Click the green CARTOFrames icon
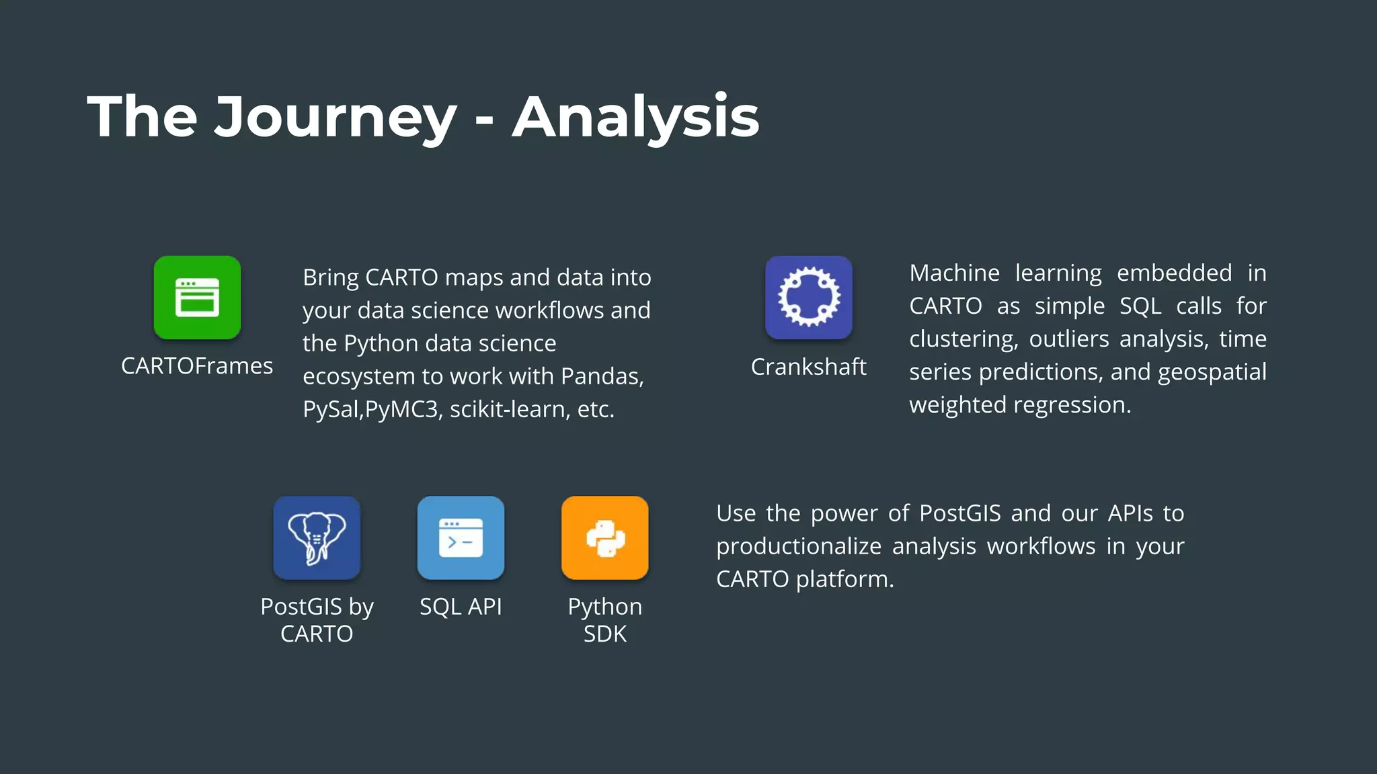tap(197, 298)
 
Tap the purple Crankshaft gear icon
tap(809, 298)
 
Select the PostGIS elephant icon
tap(317, 538)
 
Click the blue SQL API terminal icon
tap(461, 538)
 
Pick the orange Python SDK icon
tap(605, 538)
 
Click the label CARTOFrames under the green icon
tap(197, 366)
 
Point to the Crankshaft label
tap(808, 367)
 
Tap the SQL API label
tap(461, 607)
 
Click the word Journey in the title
tap(335, 118)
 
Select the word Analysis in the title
tap(635, 118)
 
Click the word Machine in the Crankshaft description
tap(954, 273)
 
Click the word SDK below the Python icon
tap(604, 634)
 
